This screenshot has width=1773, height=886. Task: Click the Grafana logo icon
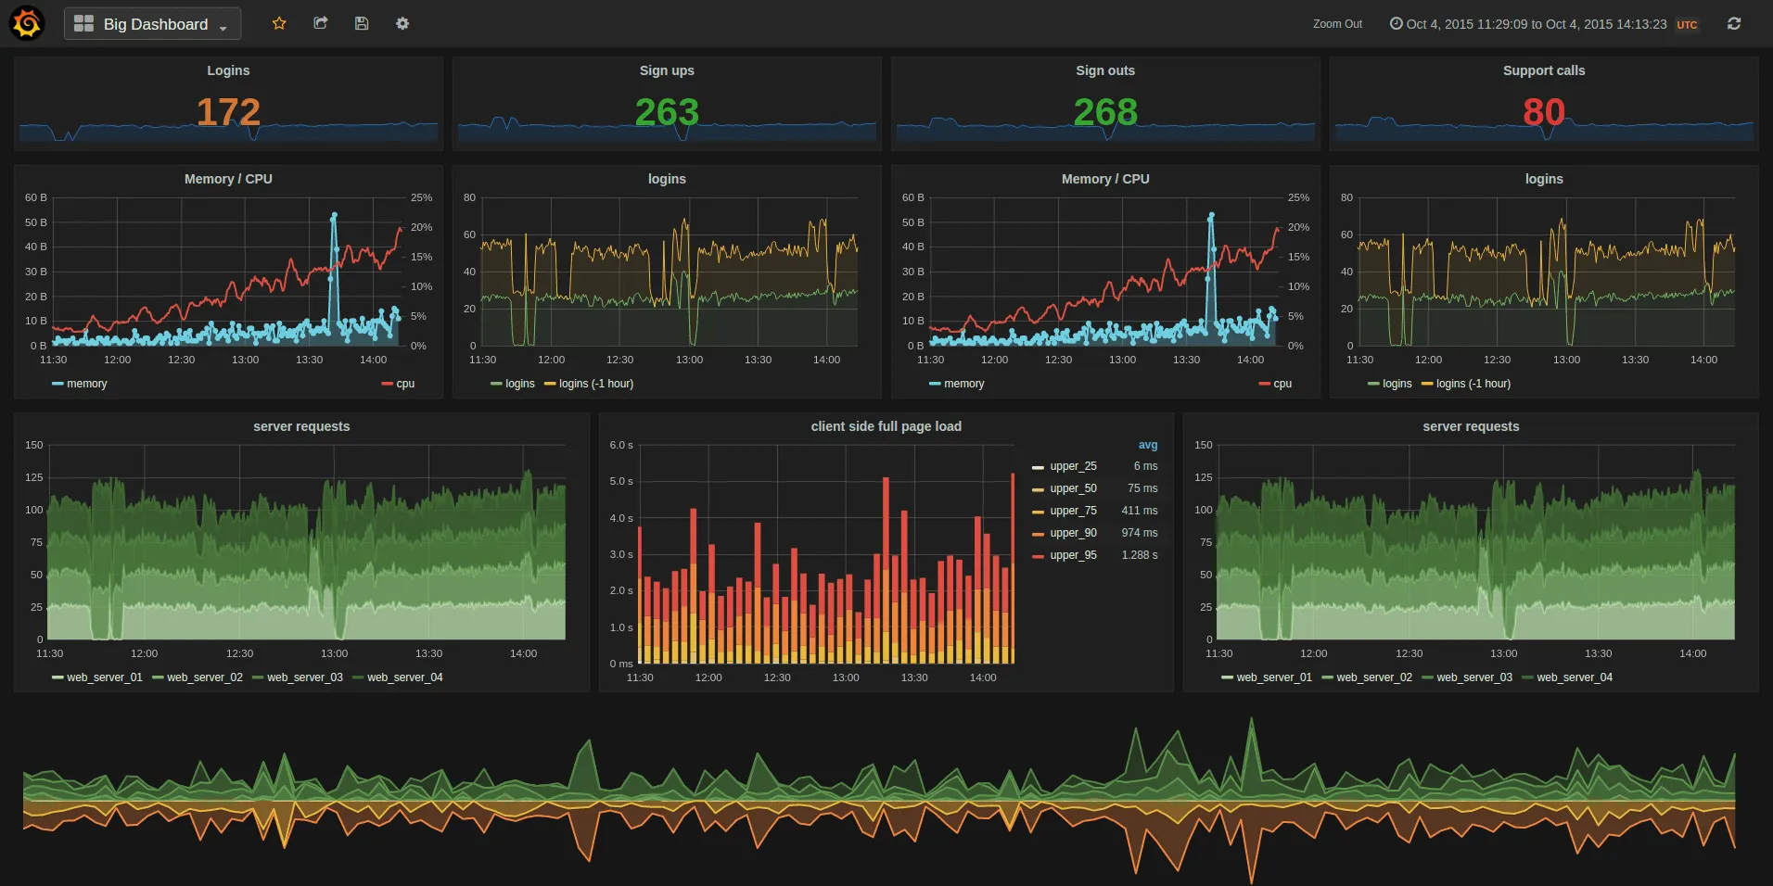pos(27,23)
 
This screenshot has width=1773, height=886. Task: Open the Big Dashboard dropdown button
pos(152,24)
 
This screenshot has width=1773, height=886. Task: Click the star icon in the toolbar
pos(279,23)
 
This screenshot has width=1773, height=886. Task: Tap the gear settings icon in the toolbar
pos(402,23)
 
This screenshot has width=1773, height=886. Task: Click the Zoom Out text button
pos(1337,24)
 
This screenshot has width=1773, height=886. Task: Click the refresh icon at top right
pos(1733,24)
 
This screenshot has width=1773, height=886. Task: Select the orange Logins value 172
pos(228,112)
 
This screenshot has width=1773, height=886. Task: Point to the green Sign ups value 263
pos(667,112)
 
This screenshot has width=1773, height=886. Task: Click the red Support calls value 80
pos(1543,112)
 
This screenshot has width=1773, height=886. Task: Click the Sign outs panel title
pos(1104,70)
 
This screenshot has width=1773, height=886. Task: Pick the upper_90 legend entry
pos(1073,533)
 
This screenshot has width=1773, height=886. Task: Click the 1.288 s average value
pos(1139,555)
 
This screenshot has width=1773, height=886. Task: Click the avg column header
pos(1147,445)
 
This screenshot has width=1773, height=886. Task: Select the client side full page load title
pos(886,426)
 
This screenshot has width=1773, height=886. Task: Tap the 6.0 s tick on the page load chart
pos(621,445)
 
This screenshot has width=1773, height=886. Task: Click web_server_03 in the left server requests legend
pos(304,677)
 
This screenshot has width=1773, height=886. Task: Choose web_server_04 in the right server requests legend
pos(1574,677)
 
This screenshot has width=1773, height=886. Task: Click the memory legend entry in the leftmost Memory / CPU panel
pos(86,384)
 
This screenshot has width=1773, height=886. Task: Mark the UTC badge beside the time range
pos(1687,25)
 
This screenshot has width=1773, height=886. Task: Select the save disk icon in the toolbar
pos(362,23)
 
